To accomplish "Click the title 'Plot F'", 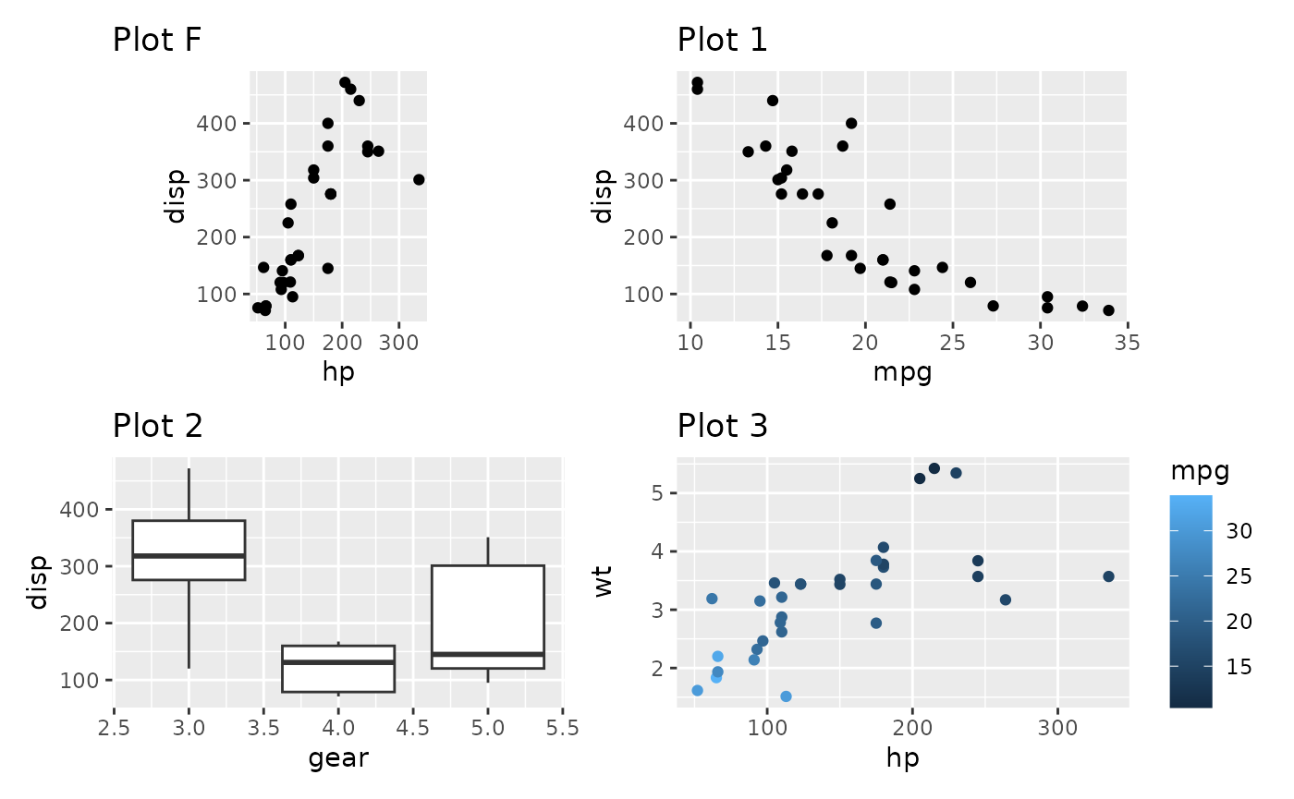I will (157, 41).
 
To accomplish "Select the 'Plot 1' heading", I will (723, 41).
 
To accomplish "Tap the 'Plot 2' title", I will (157, 426).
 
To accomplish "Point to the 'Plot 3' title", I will (723, 426).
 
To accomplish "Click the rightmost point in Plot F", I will (419, 179).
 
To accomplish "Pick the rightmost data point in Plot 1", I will (1108, 310).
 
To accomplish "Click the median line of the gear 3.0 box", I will (189, 555).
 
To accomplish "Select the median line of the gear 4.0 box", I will (338, 661).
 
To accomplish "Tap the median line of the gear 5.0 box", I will (487, 654).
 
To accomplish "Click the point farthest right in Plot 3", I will (1108, 576).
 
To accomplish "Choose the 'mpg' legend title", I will (1200, 471).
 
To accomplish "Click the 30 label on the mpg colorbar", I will (1239, 531).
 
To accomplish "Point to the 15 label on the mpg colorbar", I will (1239, 667).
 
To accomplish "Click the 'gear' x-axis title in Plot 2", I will (338, 758).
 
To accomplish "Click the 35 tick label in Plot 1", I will (1128, 344).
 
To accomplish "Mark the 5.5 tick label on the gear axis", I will (562, 728).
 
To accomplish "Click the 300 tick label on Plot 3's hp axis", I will (1056, 728).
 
